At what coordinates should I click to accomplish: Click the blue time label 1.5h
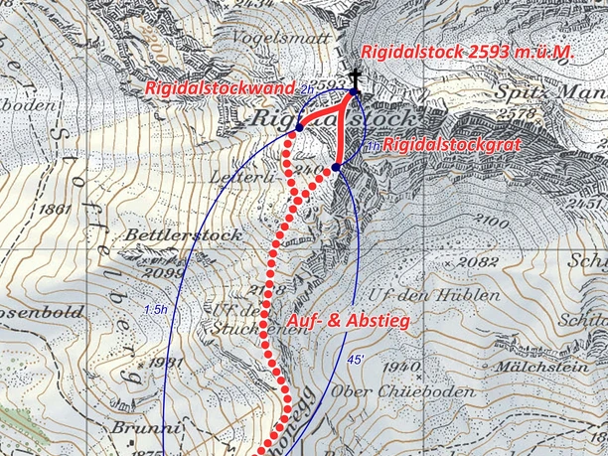pos(155,310)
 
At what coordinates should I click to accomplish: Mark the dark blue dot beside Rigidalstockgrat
pos(337,167)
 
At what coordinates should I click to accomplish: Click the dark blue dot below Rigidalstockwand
pos(297,129)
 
